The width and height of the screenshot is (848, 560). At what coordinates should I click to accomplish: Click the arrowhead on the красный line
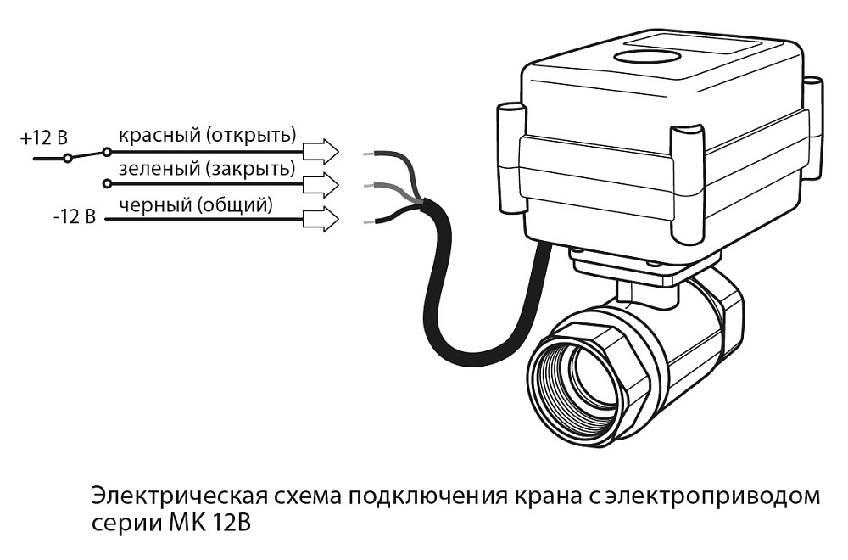point(321,151)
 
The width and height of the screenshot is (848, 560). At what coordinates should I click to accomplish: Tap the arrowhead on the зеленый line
point(321,184)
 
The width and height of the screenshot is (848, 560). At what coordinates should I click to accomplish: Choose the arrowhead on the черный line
point(321,219)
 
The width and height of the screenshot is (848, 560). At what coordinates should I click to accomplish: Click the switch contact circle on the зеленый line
point(106,184)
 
